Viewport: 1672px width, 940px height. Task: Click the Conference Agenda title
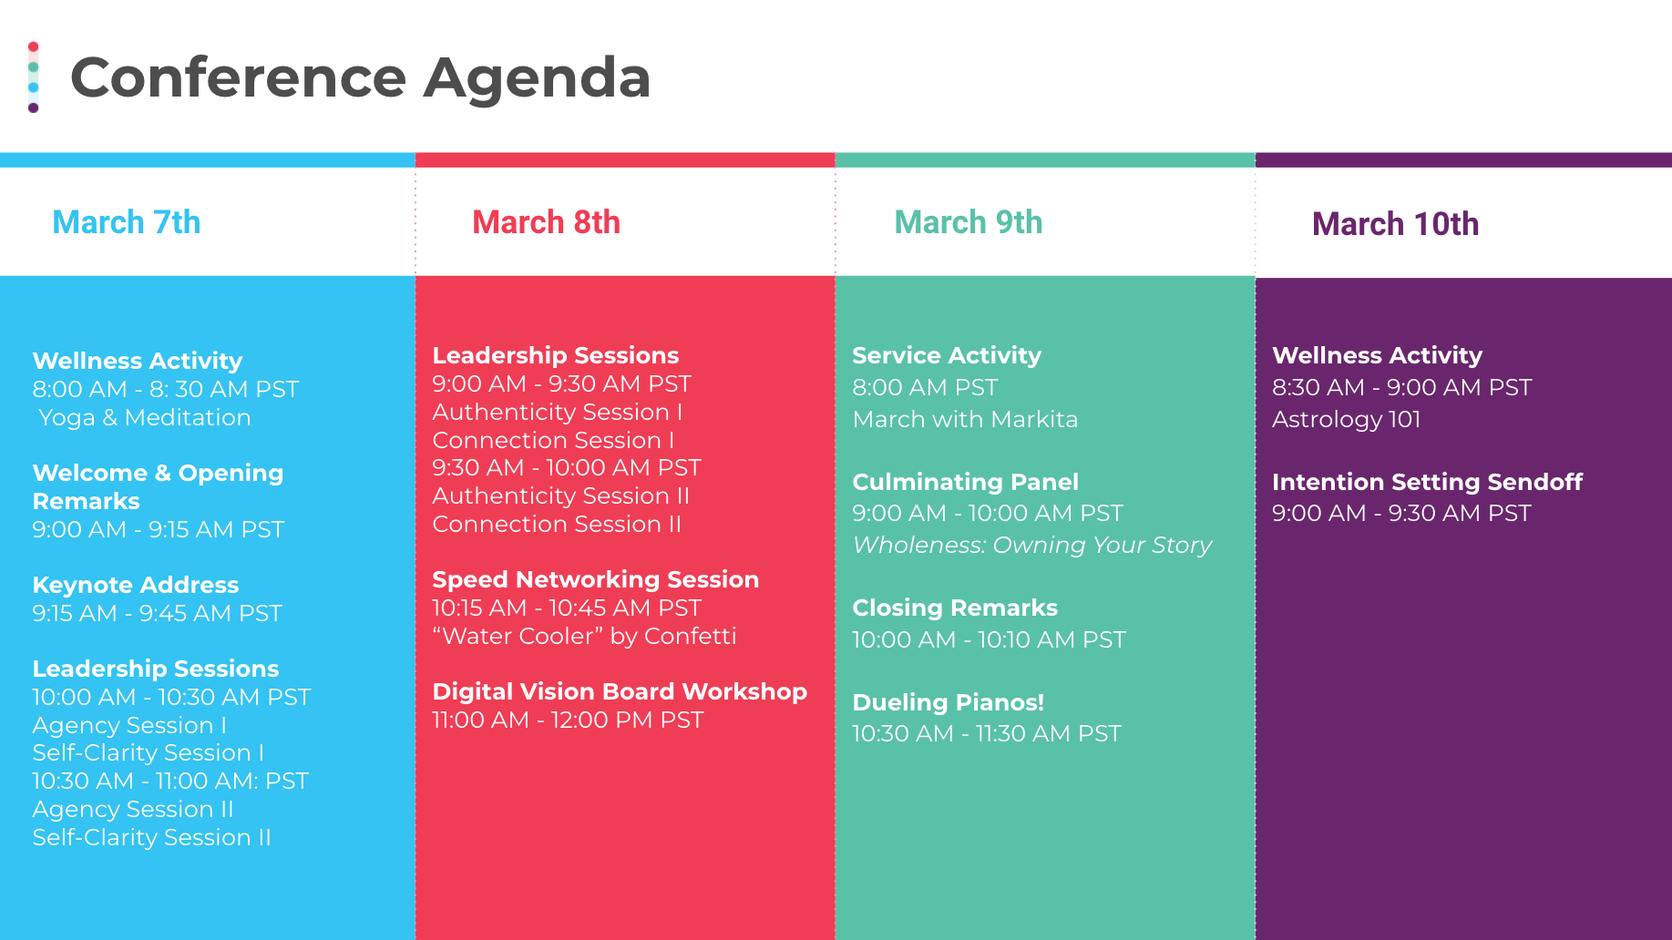tap(360, 77)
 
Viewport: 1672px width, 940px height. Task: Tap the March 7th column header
tap(127, 222)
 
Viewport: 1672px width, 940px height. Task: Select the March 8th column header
tap(546, 222)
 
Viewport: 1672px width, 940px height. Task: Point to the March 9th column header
tap(969, 222)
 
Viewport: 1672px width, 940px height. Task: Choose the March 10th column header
tap(1395, 224)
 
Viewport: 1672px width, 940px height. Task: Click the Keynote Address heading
tap(136, 585)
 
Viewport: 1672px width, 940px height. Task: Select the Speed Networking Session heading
tap(596, 579)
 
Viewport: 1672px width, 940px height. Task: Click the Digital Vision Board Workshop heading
tap(620, 691)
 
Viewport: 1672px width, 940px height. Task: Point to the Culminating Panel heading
tap(966, 482)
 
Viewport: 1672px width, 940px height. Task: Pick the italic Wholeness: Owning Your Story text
tap(1032, 545)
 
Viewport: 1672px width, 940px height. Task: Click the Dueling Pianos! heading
tap(949, 702)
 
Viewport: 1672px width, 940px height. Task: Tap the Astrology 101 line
tap(1347, 419)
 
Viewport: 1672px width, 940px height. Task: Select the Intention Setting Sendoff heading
tap(1428, 482)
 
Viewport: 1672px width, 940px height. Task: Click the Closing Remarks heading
tap(955, 608)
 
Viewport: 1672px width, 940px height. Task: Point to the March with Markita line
tap(965, 419)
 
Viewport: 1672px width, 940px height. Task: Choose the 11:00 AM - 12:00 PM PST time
tap(569, 720)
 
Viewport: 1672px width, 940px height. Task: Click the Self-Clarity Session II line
tap(152, 837)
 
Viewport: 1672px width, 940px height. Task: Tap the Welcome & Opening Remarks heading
tap(159, 487)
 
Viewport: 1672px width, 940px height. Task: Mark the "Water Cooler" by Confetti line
tap(585, 636)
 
